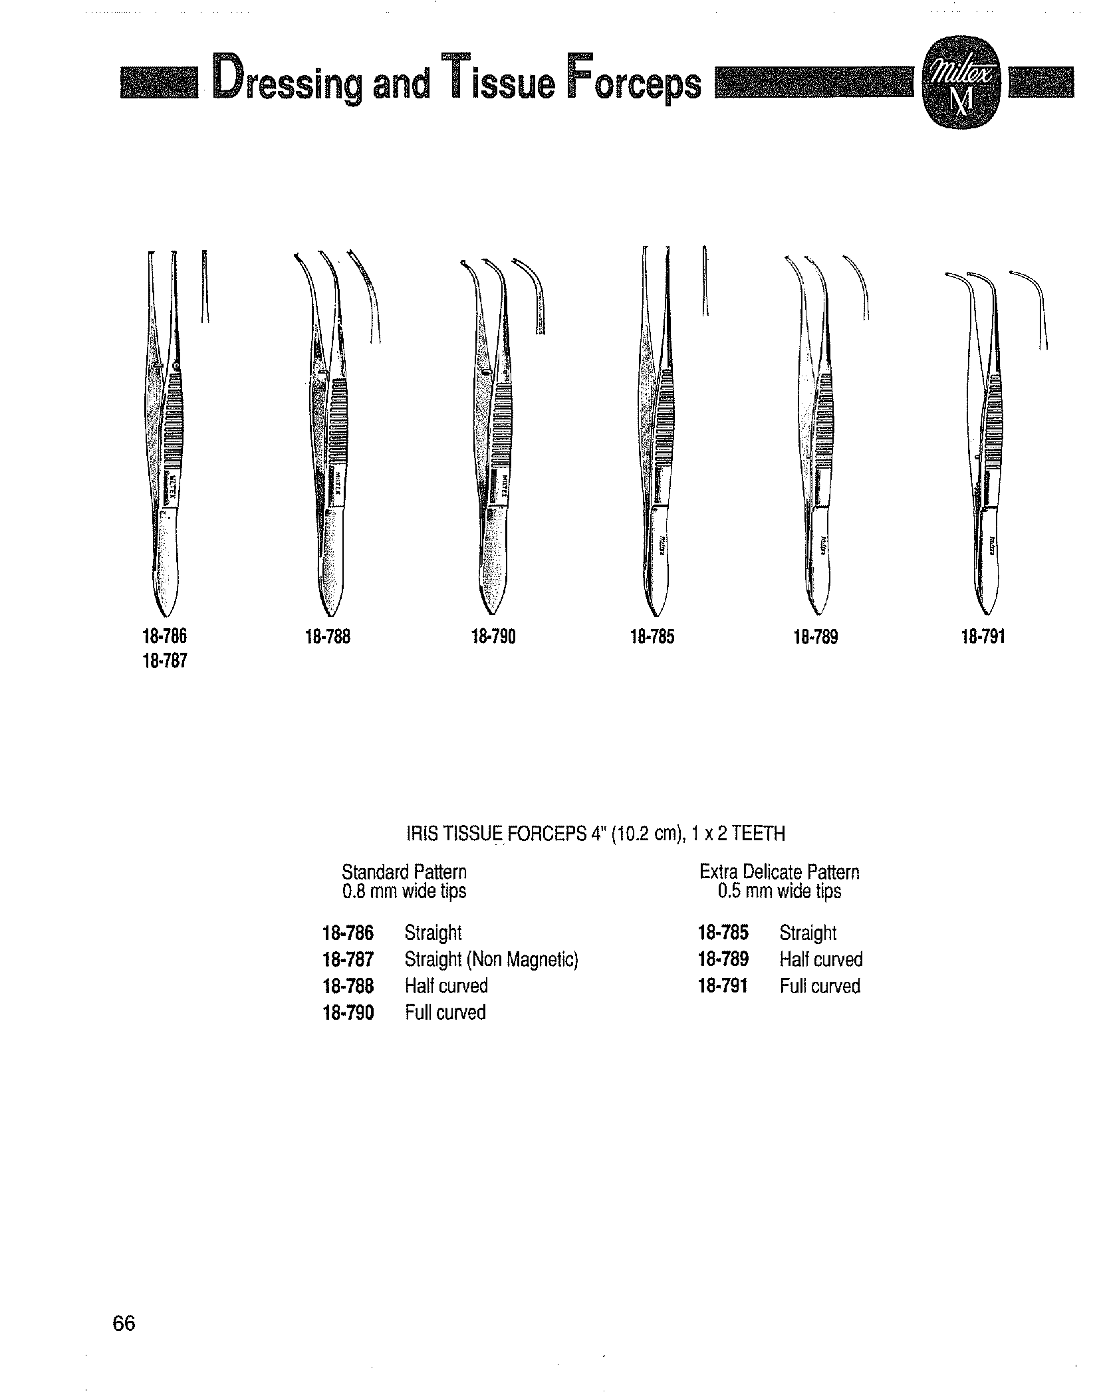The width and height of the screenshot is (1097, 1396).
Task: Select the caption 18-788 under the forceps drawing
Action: click(x=327, y=638)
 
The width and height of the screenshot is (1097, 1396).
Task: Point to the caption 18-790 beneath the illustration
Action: click(x=493, y=638)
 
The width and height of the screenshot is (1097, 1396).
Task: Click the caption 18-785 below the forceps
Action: click(x=652, y=638)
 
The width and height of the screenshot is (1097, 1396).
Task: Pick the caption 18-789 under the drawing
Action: click(x=816, y=638)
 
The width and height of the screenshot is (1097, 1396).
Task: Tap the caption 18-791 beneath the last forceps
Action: click(x=983, y=638)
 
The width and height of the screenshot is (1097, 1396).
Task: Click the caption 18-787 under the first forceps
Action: click(x=164, y=661)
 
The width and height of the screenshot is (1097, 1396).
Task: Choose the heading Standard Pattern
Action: click(x=404, y=872)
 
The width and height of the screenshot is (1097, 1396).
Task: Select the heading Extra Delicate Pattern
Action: click(x=780, y=872)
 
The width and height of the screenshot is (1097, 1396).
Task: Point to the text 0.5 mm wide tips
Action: click(x=780, y=891)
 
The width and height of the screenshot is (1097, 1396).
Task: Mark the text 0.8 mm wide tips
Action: click(x=404, y=891)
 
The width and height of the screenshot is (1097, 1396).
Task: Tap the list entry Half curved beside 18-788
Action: click(x=446, y=986)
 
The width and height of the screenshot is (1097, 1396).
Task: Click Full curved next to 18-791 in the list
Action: click(x=820, y=986)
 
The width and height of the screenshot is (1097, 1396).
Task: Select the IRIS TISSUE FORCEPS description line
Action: click(x=595, y=834)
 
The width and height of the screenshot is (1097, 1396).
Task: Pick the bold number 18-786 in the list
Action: click(x=348, y=933)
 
